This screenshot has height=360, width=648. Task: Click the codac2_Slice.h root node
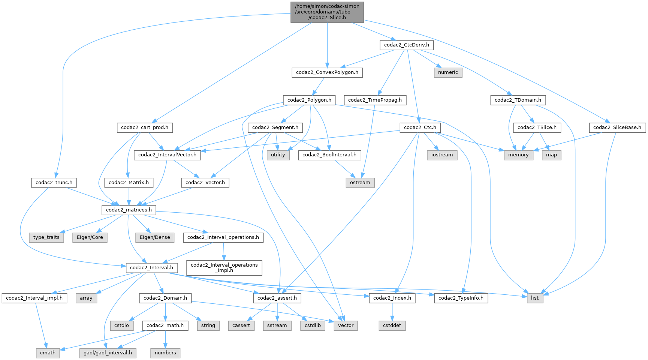[327, 12]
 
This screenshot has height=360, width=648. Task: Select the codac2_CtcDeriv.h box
[407, 45]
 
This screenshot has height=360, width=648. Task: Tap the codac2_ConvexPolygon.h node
[327, 72]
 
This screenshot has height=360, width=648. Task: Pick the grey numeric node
[448, 72]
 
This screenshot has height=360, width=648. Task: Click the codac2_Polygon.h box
[309, 100]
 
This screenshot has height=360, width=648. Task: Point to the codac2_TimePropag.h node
[375, 100]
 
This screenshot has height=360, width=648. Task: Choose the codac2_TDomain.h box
[518, 100]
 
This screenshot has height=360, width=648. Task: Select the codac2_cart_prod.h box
[145, 127]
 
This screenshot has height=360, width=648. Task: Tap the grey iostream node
[442, 155]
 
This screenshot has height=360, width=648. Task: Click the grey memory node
[518, 155]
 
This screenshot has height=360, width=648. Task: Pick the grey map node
[551, 155]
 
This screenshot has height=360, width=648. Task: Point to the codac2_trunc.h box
[54, 183]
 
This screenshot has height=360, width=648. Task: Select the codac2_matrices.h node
[129, 210]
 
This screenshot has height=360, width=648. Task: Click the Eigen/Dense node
[155, 237]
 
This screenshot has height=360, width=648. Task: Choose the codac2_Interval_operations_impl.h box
[224, 267]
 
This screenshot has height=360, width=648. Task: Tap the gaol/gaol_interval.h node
[108, 353]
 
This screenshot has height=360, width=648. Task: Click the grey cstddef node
[392, 325]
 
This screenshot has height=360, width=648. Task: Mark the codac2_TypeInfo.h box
[461, 298]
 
